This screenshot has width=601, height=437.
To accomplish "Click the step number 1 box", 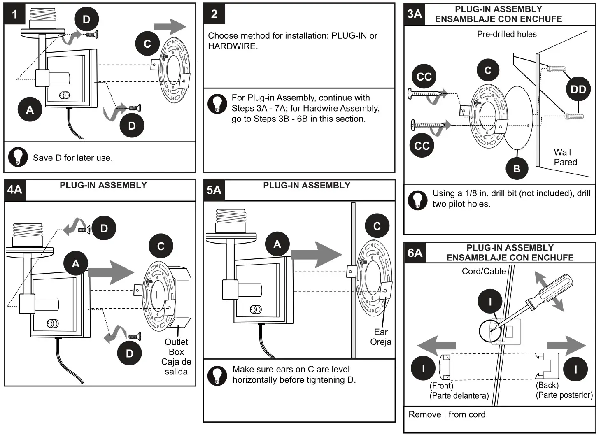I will (x=14, y=14).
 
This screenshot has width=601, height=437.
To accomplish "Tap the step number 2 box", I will (x=214, y=14).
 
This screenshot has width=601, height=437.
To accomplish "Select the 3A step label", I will (x=415, y=14).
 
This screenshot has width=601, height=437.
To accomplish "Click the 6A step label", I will (x=415, y=253).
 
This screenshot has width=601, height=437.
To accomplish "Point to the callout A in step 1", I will (x=30, y=110).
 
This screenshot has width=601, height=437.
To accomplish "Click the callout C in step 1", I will (x=147, y=44).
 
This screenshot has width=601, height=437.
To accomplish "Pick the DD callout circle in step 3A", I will (x=578, y=89).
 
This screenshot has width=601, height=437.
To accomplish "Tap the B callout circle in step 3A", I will (x=517, y=168).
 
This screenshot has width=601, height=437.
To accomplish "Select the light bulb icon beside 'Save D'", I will (x=18, y=157).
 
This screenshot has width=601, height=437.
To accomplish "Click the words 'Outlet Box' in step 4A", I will (x=176, y=347).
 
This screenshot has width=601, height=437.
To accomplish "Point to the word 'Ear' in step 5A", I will (x=381, y=332).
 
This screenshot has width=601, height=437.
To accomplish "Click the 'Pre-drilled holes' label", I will (x=507, y=35).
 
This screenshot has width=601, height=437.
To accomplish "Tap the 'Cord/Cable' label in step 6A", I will (x=484, y=271).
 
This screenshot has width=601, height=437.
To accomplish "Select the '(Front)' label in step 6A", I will (x=441, y=386).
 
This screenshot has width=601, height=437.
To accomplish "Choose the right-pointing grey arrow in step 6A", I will (x=566, y=345).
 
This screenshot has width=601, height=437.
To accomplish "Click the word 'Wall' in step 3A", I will (x=562, y=152).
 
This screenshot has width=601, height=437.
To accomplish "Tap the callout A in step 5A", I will (x=277, y=244).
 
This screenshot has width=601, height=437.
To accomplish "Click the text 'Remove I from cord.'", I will (x=448, y=415).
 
